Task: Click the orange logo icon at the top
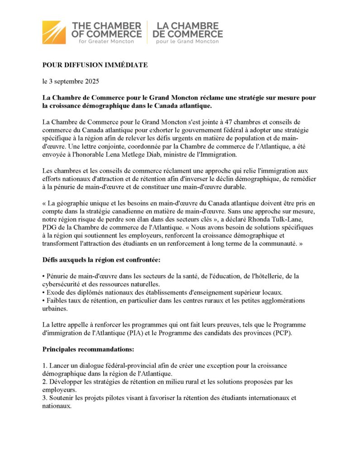click(x=54, y=32)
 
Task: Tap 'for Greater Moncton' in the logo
click(x=106, y=41)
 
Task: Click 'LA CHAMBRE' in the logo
click(x=185, y=25)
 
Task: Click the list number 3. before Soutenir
click(x=44, y=398)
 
